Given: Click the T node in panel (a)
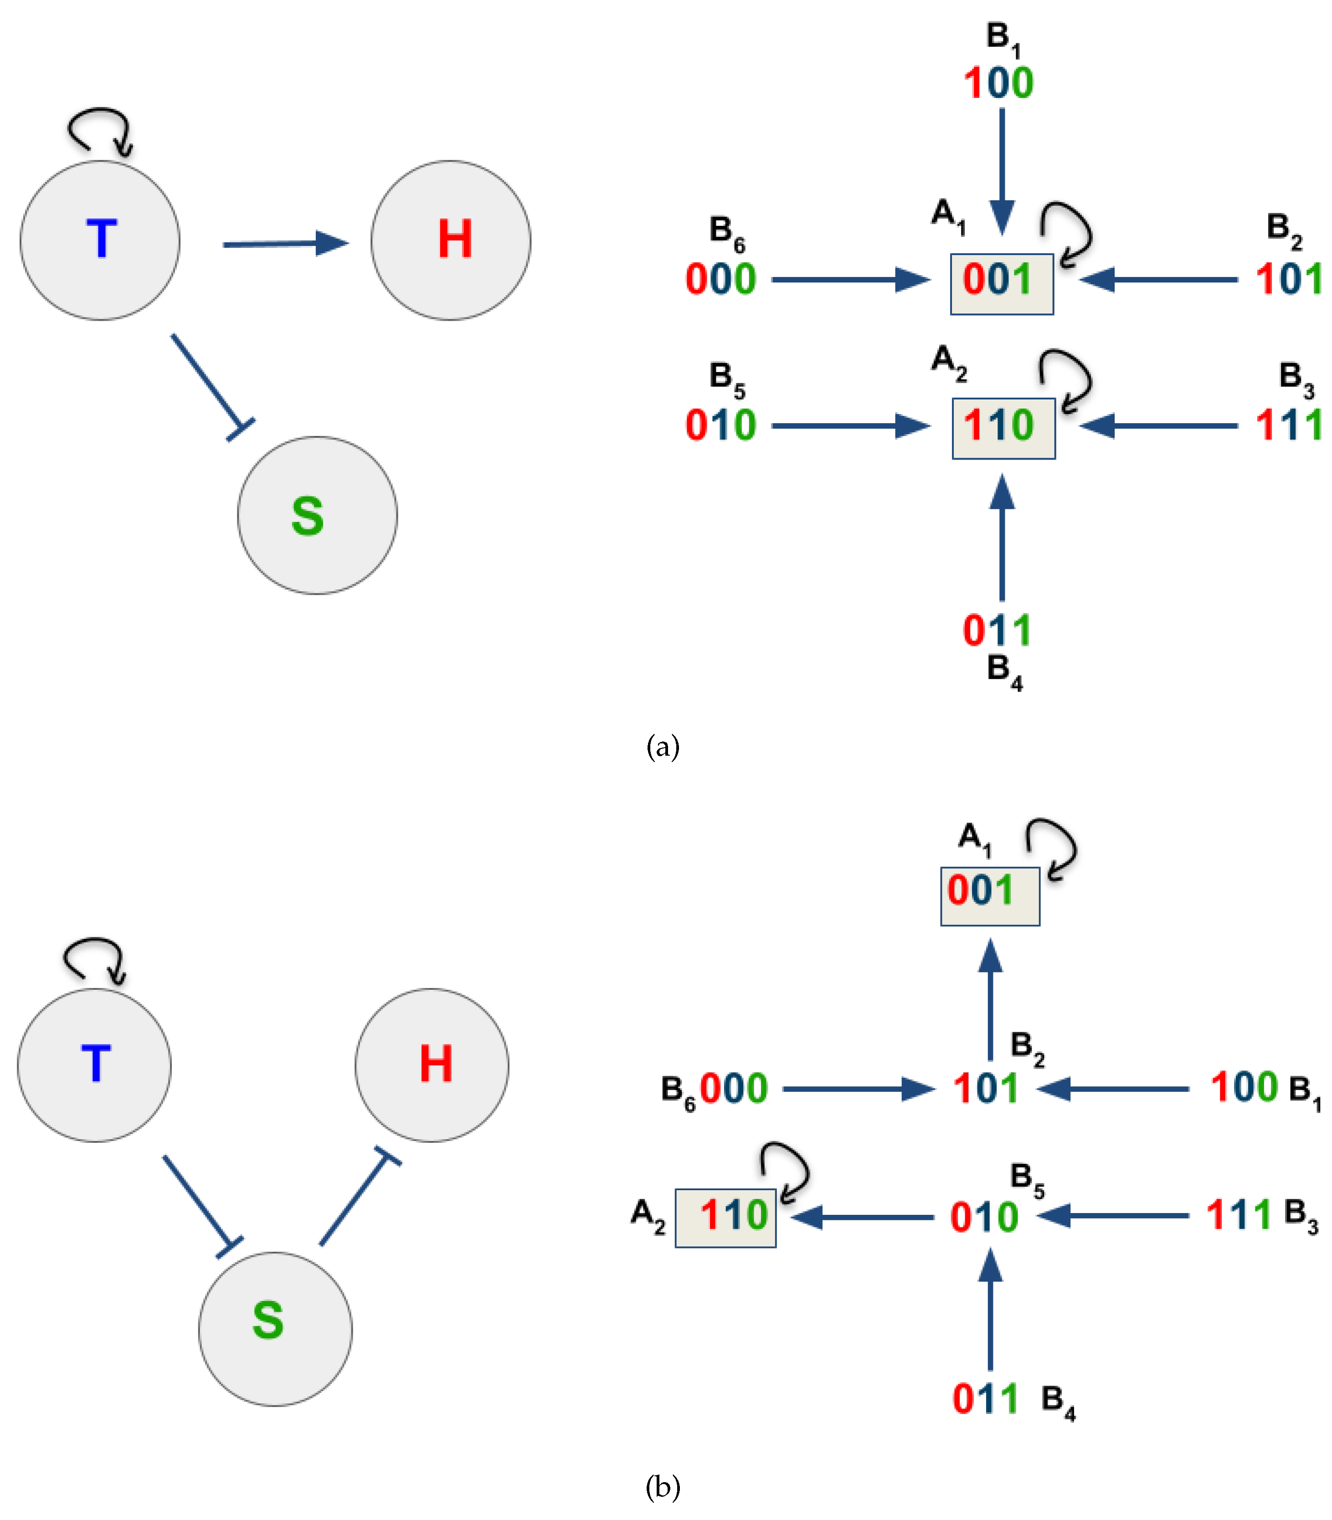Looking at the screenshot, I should (x=100, y=241).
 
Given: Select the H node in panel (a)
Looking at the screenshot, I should (x=451, y=241).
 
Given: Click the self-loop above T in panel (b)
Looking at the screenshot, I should (x=94, y=959).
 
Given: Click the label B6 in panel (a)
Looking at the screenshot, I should (x=726, y=232).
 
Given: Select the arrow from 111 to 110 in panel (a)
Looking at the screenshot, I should (x=1158, y=426).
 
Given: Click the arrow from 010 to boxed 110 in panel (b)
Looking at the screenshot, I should (x=862, y=1217).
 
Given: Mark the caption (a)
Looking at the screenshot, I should (x=662, y=746).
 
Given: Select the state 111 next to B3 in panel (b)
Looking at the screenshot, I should (x=1238, y=1215).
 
